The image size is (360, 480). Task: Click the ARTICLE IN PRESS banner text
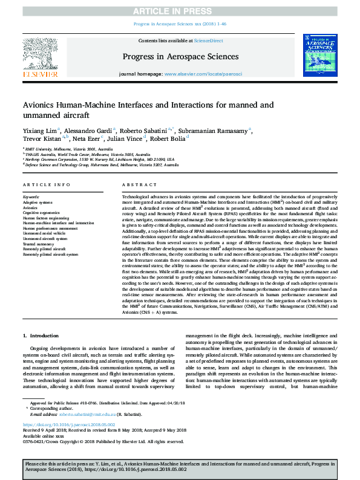coord(180,12)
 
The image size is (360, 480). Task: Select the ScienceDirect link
coord(208,40)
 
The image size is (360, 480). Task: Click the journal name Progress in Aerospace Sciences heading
coord(180,57)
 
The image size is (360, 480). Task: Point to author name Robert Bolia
coord(168,138)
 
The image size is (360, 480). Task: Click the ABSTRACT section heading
coord(136,186)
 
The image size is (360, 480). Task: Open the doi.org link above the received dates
coord(64,424)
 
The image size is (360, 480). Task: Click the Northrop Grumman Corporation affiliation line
coord(100,158)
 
